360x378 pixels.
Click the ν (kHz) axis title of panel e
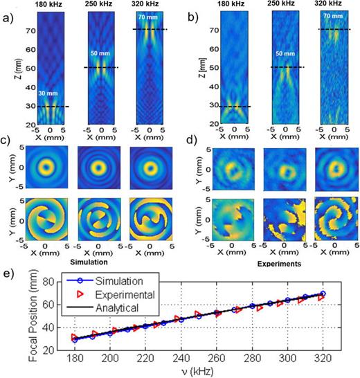tap(197, 372)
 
